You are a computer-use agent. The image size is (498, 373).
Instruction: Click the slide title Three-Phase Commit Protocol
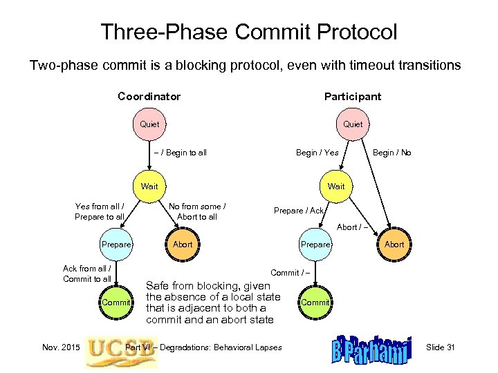point(249,31)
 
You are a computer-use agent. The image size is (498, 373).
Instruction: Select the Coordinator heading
point(149,97)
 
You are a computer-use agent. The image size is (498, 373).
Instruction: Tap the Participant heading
point(352,97)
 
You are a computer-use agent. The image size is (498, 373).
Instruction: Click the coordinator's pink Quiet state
point(149,124)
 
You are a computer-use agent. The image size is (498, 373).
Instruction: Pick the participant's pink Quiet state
point(353,124)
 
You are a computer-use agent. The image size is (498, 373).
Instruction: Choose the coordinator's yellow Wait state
point(149,186)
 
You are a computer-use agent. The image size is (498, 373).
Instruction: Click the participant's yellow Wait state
point(336,186)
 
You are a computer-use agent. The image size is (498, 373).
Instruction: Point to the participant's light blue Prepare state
point(316,244)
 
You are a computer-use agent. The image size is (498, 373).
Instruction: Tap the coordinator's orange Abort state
point(183,244)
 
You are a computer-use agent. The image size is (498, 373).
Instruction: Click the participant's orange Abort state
point(394,244)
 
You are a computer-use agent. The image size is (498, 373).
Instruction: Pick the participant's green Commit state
point(316,303)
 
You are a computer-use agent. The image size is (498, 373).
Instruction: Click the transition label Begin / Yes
point(317,153)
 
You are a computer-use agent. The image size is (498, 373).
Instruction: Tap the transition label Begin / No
point(391,153)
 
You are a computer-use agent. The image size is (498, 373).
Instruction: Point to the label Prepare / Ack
point(299,211)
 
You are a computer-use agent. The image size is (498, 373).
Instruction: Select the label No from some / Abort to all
point(198,211)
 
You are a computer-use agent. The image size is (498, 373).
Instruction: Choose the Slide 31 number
point(441,347)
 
